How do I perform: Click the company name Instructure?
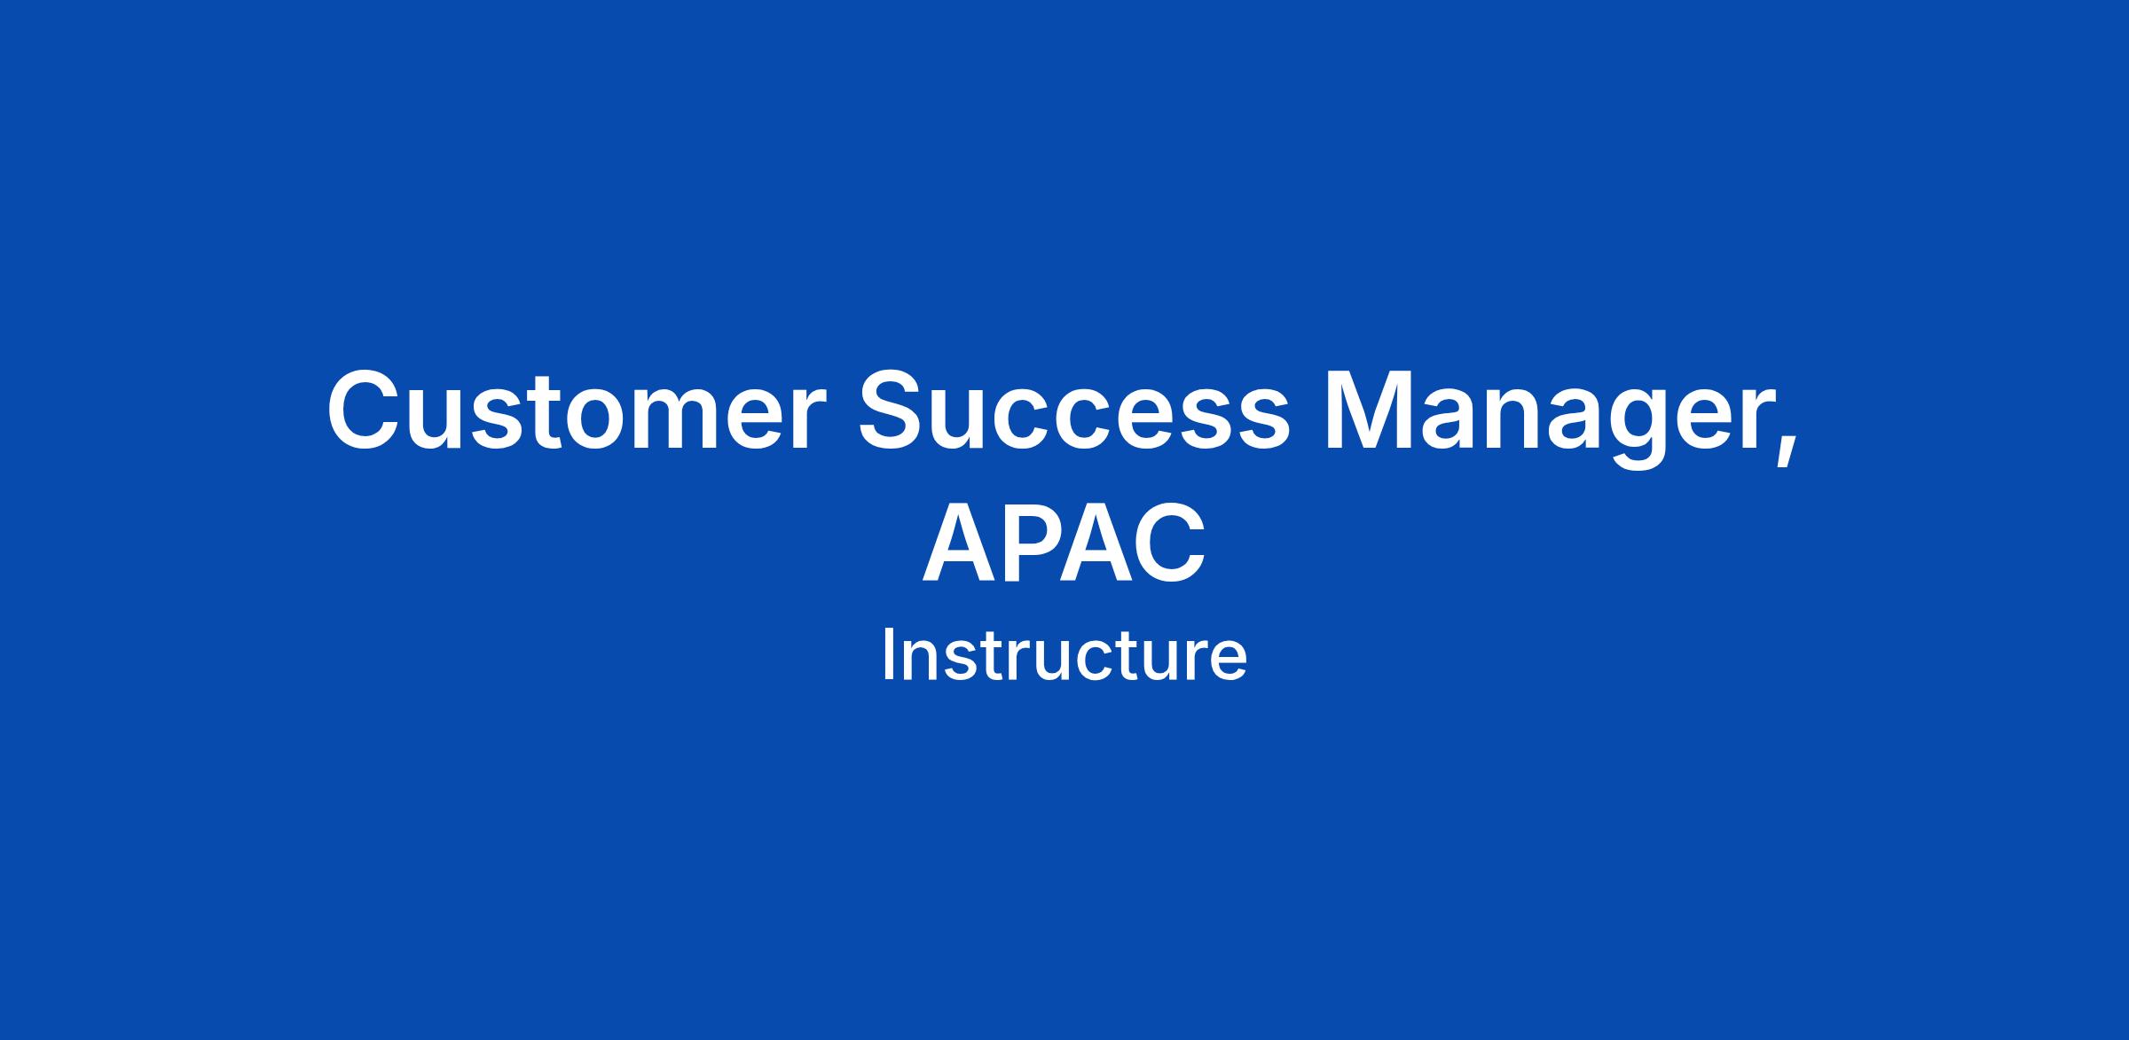point(1064,656)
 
